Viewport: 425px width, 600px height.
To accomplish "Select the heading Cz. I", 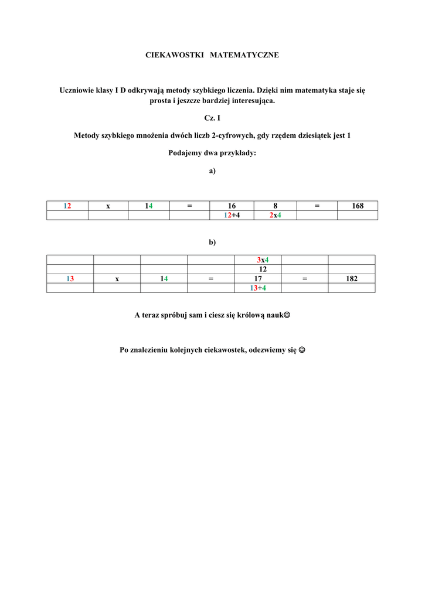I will pos(212,118).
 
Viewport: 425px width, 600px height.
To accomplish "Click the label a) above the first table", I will pos(212,171).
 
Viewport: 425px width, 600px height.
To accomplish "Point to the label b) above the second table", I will pos(212,242).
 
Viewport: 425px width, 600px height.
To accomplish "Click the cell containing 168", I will pos(358,206).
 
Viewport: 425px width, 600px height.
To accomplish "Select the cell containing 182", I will pos(352,279).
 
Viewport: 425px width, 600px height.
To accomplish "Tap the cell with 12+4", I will pos(232,215).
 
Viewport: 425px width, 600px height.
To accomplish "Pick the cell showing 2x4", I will pos(276,215).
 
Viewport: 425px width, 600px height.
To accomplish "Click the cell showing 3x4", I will pos(258,260).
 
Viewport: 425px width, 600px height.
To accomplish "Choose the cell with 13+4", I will pos(258,288).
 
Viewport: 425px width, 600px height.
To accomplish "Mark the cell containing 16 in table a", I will pos(232,206).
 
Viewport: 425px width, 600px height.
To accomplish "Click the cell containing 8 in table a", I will pos(276,206).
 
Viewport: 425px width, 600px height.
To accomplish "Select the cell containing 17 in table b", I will pos(258,279).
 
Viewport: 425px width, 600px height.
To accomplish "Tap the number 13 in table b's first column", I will pos(70,279).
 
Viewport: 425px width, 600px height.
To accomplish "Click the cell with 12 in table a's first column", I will pos(67,206).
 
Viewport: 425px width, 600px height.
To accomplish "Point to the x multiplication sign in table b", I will pos(117,279).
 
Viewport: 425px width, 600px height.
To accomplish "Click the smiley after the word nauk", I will pos(287,315).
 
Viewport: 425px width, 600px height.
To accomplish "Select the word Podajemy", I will pos(184,154).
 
